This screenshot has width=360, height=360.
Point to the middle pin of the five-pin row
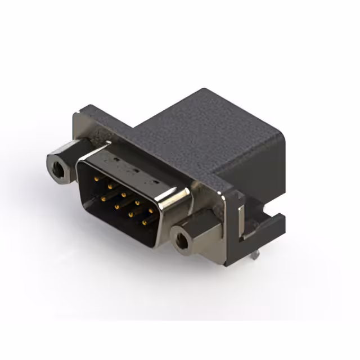coord(123,195)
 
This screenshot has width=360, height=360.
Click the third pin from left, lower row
coord(131,214)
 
